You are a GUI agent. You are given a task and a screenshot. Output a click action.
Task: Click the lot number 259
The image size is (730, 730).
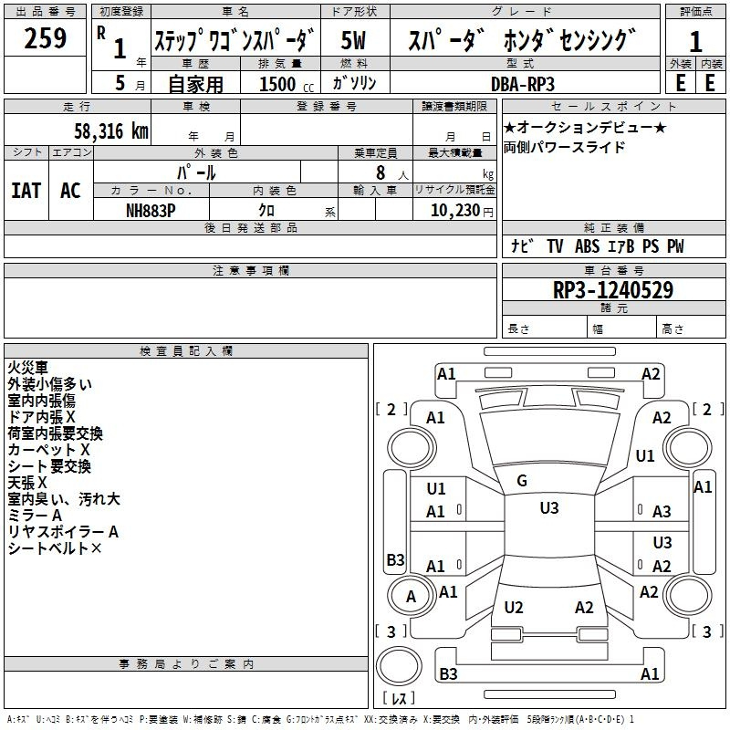pos(45,38)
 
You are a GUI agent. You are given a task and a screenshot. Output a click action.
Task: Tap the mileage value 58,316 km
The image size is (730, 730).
pos(111,131)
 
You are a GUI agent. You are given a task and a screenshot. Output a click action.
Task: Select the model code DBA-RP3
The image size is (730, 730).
pos(523,84)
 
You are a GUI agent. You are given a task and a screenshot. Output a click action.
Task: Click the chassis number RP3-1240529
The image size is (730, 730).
pos(612,290)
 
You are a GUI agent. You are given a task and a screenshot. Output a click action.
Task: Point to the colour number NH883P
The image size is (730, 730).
pos(151,211)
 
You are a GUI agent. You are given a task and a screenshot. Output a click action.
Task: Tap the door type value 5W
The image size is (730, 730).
pos(353,40)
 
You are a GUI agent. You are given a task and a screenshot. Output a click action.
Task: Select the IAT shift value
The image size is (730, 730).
pos(26,191)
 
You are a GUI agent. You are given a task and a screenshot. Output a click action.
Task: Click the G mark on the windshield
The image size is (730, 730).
pos(522,481)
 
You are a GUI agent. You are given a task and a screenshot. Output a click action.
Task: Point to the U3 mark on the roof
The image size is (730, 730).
pos(549,508)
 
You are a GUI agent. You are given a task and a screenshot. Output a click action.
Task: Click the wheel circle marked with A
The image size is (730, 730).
pos(412,596)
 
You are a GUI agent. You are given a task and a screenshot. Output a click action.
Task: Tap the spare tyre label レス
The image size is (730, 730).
pos(399,698)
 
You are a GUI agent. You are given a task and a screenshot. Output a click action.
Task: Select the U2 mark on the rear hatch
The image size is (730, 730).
pos(514,608)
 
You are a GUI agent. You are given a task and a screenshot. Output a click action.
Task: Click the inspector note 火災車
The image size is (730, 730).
pos(27,368)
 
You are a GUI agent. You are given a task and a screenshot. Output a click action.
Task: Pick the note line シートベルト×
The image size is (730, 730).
pos(55,548)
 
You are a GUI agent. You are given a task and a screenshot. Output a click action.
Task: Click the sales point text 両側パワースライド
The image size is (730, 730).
pos(564,148)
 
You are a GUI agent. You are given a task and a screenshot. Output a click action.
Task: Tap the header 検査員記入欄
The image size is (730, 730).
pos(186,351)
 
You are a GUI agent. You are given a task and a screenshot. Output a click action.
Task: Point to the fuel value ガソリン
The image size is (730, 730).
pos(354,83)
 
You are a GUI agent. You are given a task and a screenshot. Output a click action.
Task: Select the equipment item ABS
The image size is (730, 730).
pos(587,246)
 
